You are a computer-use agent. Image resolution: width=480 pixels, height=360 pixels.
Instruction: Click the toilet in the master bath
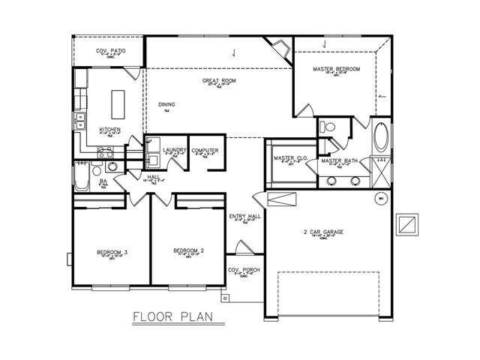[328, 126]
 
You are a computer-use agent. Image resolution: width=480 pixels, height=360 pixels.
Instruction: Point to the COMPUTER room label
[205, 151]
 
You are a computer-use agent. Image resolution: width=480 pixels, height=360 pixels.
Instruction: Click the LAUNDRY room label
[174, 150]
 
